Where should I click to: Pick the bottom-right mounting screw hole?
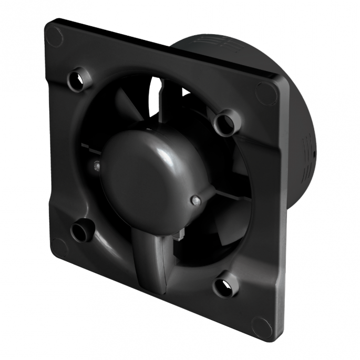(224, 286)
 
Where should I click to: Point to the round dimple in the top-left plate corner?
(54, 36)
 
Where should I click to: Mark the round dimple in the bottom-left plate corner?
(59, 247)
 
